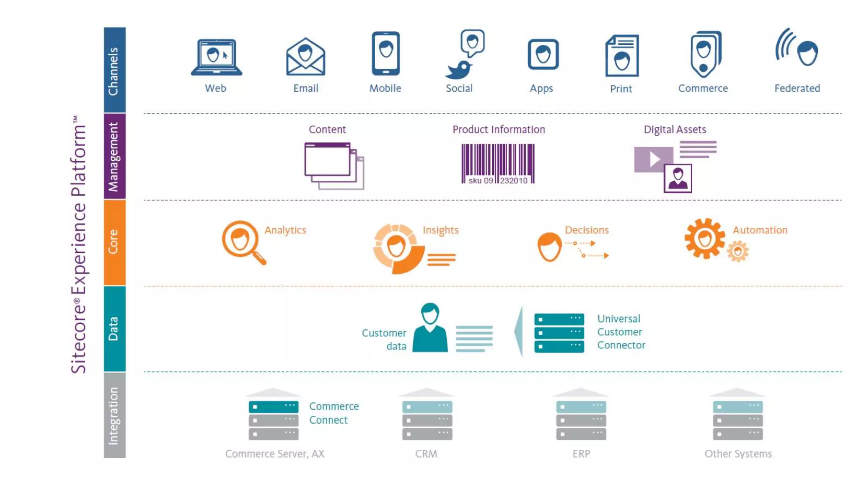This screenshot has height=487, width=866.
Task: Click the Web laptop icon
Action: pyautogui.click(x=216, y=57)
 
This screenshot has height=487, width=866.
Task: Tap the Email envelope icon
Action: pyautogui.click(x=305, y=57)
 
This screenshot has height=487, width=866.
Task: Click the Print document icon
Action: pyautogui.click(x=622, y=56)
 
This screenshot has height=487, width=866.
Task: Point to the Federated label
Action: pyautogui.click(x=797, y=88)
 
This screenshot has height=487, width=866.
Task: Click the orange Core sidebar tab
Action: pyautogui.click(x=115, y=242)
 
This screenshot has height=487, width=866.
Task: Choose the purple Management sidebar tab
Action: pyautogui.click(x=115, y=156)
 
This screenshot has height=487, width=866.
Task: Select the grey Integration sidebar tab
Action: pyautogui.click(x=115, y=415)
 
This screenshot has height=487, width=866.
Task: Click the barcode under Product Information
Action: pyautogui.click(x=498, y=164)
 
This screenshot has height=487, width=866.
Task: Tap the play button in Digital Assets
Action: pyautogui.click(x=654, y=159)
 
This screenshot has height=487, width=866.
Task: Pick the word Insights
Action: pyautogui.click(x=440, y=230)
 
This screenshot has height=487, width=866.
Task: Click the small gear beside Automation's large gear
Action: pyautogui.click(x=738, y=252)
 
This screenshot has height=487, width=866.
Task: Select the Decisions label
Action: pyautogui.click(x=586, y=230)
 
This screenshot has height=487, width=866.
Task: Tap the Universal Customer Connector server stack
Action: pyautogui.click(x=559, y=333)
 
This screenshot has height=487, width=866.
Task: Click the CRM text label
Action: pyautogui.click(x=426, y=454)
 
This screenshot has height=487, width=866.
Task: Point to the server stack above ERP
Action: pyautogui.click(x=581, y=420)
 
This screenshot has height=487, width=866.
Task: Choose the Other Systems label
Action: pyautogui.click(x=738, y=454)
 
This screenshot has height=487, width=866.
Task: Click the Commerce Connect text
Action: pyautogui.click(x=333, y=413)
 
